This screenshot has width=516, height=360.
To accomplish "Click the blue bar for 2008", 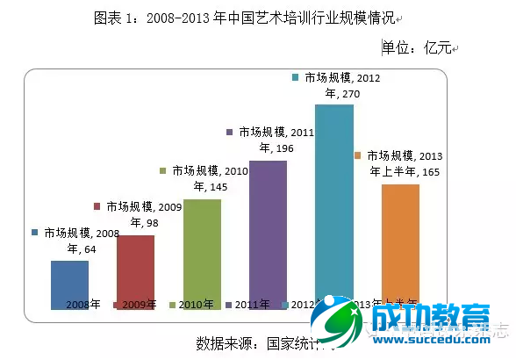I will (69, 283).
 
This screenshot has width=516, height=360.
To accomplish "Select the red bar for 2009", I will (135, 270).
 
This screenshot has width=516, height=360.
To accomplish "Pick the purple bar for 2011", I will (268, 234).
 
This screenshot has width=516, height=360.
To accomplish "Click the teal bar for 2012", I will (333, 202).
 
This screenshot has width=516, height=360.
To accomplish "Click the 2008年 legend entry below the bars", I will (78, 305).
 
